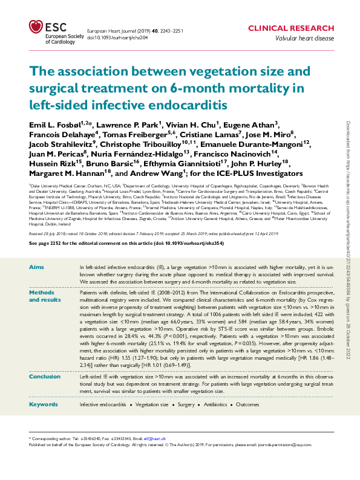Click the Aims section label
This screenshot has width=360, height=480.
click(x=36, y=267)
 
